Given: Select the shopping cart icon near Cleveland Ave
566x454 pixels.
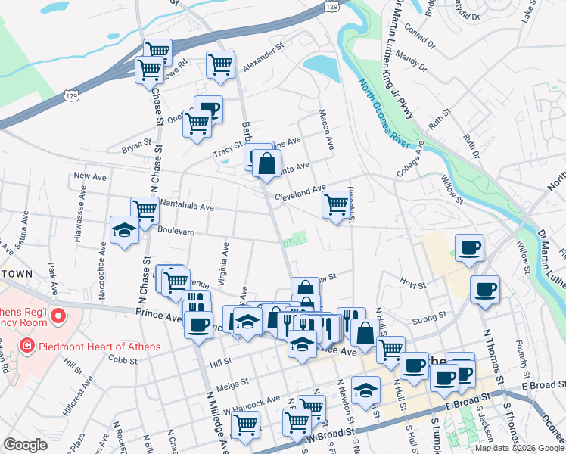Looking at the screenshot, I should (x=336, y=204).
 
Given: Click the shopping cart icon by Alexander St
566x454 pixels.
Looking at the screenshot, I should (x=220, y=64).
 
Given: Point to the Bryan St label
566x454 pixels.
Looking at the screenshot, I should (x=137, y=143).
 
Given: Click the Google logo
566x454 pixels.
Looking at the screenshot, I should (x=25, y=445).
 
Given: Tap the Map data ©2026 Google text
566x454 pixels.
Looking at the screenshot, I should (x=518, y=448).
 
